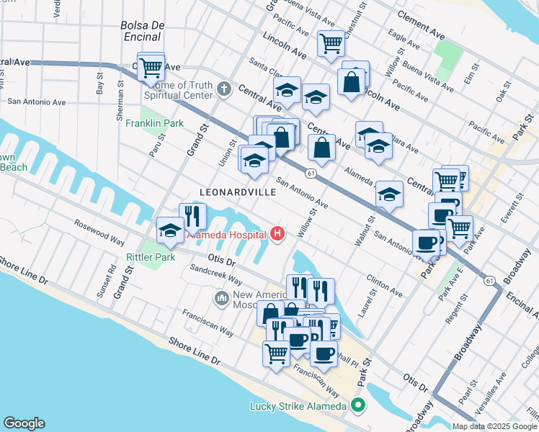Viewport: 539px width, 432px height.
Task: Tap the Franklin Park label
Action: tap(151, 123)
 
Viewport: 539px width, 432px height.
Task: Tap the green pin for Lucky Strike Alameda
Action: tap(359, 405)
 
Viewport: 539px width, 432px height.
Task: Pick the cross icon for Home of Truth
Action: tap(224, 90)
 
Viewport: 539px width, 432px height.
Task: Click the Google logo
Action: tap(24, 423)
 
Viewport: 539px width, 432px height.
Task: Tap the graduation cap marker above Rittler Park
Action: tap(169, 230)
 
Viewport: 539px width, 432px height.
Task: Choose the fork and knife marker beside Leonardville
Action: tap(192, 215)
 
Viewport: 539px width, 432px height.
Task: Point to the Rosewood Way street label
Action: tap(99, 230)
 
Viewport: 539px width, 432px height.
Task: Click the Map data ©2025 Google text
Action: tap(494, 426)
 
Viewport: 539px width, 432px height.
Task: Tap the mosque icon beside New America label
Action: tap(221, 297)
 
